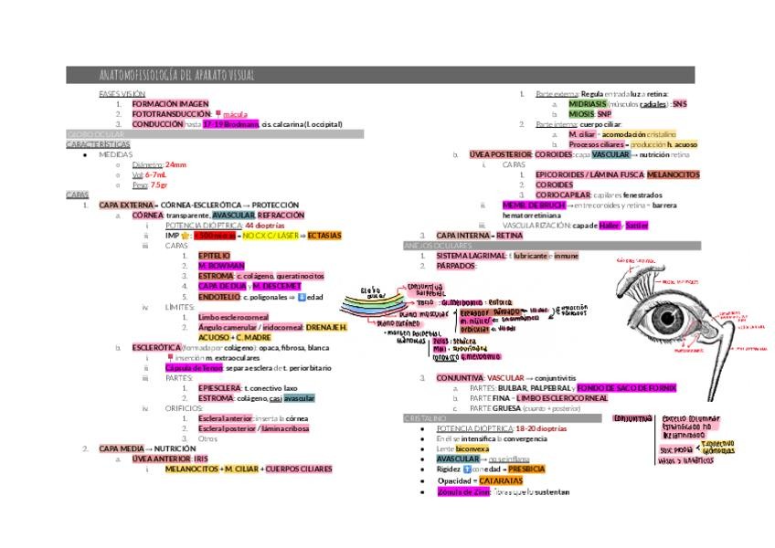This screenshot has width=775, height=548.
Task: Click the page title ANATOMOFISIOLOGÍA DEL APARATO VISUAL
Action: pos(177,75)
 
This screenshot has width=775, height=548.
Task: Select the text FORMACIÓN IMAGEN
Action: pos(170,104)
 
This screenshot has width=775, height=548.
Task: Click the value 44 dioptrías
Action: pos(265,224)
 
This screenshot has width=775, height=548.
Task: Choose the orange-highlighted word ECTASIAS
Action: pos(324,235)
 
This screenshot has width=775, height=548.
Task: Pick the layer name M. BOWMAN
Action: pos(222,265)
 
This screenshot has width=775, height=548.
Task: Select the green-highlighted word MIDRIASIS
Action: pos(588,104)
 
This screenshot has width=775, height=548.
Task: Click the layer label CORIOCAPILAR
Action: pos(560,195)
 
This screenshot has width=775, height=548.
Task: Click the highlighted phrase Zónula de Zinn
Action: pos(462,491)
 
